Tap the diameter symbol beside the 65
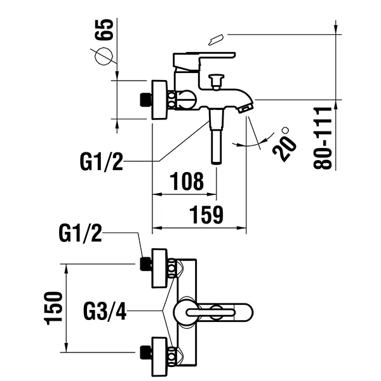click(x=105, y=57)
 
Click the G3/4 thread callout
click(x=106, y=311)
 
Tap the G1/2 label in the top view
click(x=80, y=234)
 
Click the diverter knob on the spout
click(x=217, y=81)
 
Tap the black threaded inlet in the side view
click(x=145, y=100)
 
